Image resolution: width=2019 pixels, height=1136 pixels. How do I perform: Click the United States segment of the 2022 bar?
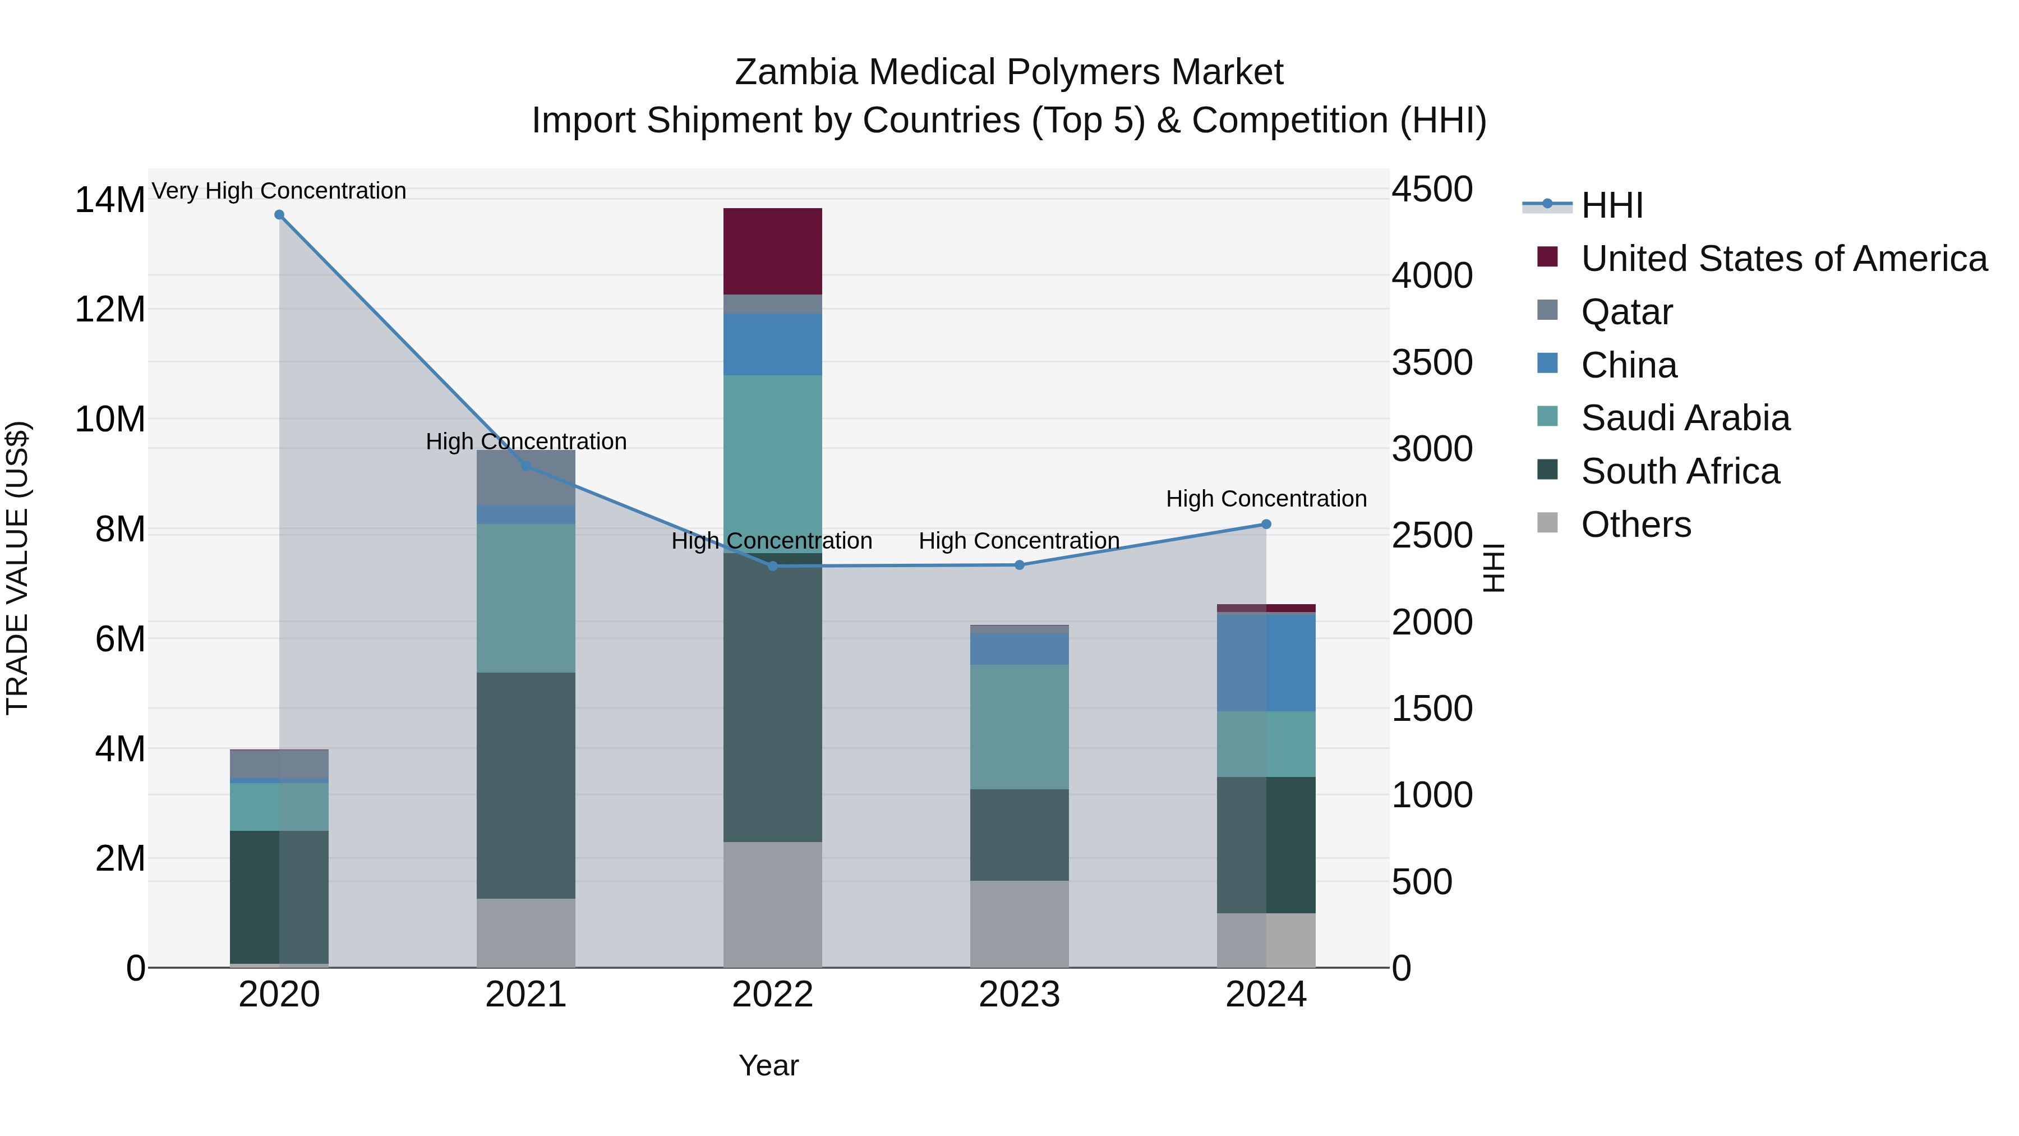click(772, 251)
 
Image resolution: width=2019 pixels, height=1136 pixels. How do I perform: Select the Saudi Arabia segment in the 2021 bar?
click(526, 597)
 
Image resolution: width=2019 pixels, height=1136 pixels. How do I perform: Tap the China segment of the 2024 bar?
click(1266, 663)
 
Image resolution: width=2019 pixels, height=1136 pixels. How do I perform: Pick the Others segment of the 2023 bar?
click(1019, 923)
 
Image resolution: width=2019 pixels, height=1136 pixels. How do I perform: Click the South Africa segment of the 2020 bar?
click(279, 896)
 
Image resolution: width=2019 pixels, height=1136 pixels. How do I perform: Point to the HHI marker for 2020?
click(279, 215)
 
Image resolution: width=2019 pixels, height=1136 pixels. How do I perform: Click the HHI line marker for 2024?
click(1266, 525)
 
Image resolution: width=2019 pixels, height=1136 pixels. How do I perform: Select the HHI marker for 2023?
click(1019, 565)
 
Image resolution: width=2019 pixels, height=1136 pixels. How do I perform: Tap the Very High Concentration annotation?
click(279, 191)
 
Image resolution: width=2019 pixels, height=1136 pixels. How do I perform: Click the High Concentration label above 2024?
click(1266, 499)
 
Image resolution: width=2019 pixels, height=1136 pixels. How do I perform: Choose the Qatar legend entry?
click(1626, 312)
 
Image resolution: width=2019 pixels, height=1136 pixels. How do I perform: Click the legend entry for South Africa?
click(1680, 471)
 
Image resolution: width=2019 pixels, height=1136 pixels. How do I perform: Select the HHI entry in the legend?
click(1611, 205)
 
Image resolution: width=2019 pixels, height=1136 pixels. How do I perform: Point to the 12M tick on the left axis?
click(110, 310)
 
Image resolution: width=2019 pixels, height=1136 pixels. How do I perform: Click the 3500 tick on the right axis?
click(1432, 363)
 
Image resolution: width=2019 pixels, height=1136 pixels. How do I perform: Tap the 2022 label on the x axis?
click(772, 995)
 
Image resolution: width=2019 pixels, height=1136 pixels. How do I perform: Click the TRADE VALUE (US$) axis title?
click(18, 568)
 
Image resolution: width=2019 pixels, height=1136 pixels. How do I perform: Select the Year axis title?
click(768, 1065)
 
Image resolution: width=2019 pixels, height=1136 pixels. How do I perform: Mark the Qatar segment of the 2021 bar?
click(526, 477)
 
